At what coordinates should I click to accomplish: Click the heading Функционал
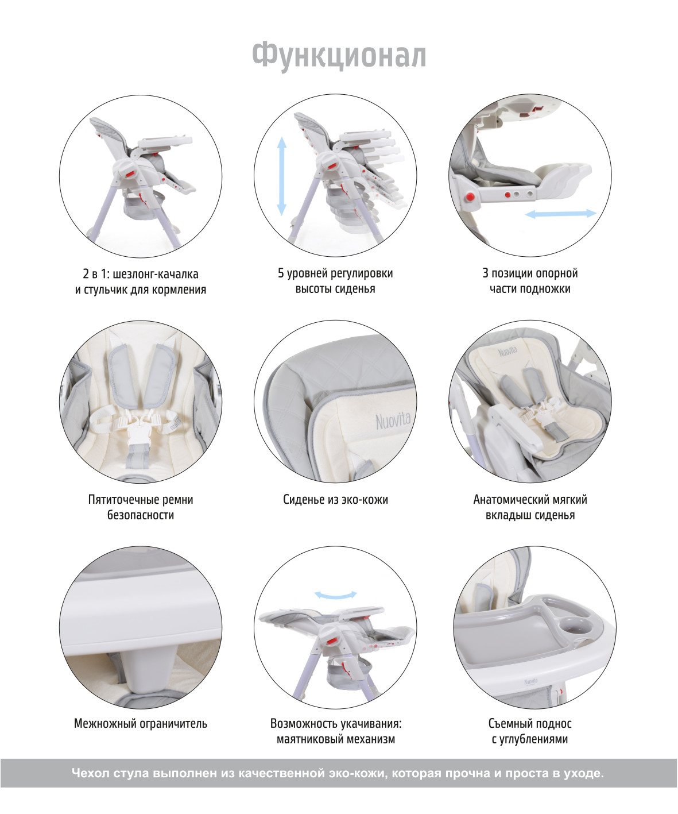coord(339,55)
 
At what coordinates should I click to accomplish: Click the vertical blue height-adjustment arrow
coord(281,176)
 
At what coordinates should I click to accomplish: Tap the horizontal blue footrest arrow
coord(561,213)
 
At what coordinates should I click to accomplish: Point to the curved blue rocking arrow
coord(335,595)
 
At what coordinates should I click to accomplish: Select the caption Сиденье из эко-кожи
coord(335,499)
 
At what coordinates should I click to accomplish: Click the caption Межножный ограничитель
coord(141,724)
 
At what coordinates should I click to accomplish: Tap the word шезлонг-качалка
coord(156,274)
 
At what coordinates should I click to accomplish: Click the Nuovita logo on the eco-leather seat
coord(393,421)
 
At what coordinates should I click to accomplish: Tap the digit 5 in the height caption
coord(281,273)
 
